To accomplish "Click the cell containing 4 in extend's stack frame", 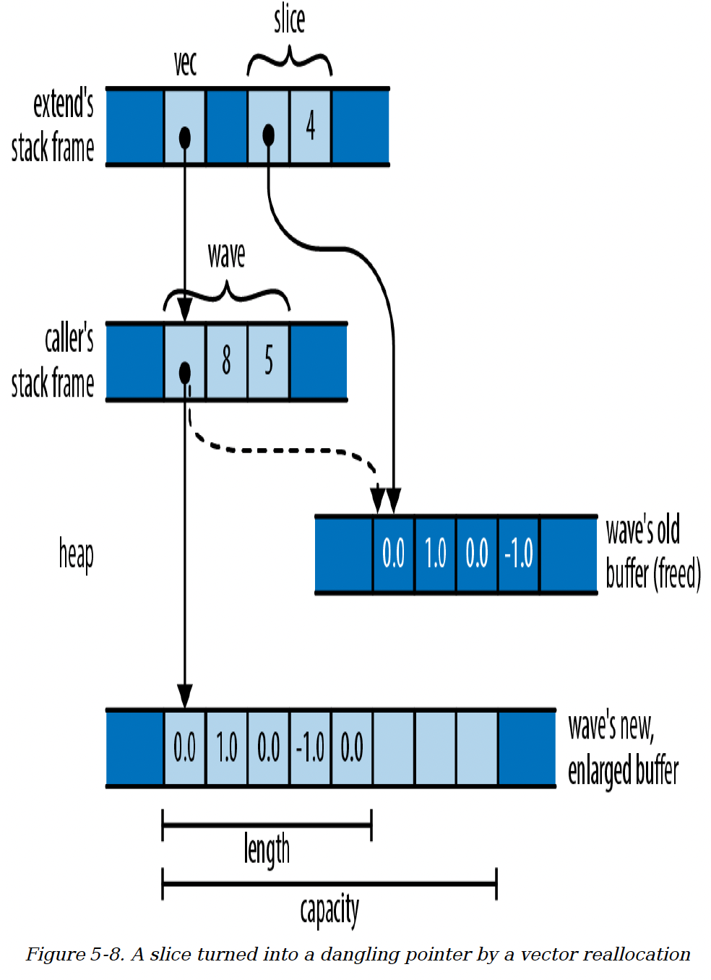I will (x=311, y=126).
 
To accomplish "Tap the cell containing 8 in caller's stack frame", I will (x=226, y=360).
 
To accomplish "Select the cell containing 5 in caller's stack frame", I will (x=268, y=360).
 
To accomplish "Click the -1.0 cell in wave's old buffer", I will (x=519, y=554).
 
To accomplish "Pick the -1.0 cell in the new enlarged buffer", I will (x=311, y=747).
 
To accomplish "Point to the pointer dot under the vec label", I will (x=185, y=137).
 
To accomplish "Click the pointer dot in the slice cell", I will (x=269, y=134).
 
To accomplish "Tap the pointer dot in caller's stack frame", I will (x=185, y=373).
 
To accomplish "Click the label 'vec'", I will (x=185, y=64).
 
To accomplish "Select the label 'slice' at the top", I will (x=289, y=20).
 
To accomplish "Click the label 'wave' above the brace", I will (x=226, y=255).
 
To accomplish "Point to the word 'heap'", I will (x=76, y=555).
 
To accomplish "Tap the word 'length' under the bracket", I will (x=267, y=849).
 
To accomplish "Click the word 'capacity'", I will (x=329, y=910).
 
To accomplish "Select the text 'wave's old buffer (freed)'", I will (x=652, y=553).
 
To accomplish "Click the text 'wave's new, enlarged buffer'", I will (x=623, y=748).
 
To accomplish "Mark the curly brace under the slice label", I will (x=289, y=61).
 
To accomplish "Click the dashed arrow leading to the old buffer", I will (x=289, y=450).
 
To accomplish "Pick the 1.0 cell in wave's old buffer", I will (x=435, y=554).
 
